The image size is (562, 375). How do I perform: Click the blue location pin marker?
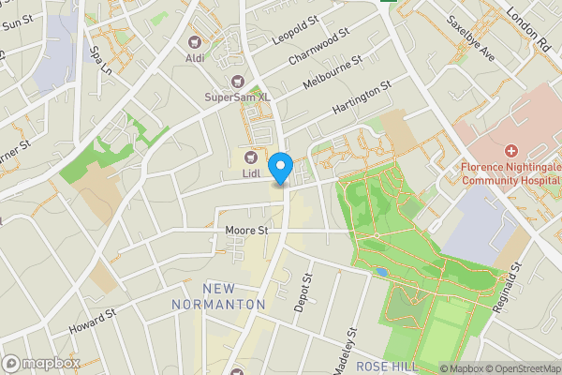pyautogui.click(x=279, y=168)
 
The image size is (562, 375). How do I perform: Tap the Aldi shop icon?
pyautogui.click(x=195, y=42)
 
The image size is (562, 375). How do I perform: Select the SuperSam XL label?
pyautogui.click(x=238, y=97)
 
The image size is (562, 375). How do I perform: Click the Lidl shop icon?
pyautogui.click(x=251, y=157)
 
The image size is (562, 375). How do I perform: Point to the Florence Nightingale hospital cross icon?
pyautogui.click(x=510, y=151)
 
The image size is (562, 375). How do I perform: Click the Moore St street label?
pyautogui.click(x=246, y=229)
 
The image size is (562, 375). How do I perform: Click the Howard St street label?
pyautogui.click(x=92, y=322)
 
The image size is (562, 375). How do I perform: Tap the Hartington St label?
pyautogui.click(x=360, y=100)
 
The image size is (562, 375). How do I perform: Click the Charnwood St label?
pyautogui.click(x=319, y=44)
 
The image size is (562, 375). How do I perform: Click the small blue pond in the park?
pyautogui.click(x=379, y=272)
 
